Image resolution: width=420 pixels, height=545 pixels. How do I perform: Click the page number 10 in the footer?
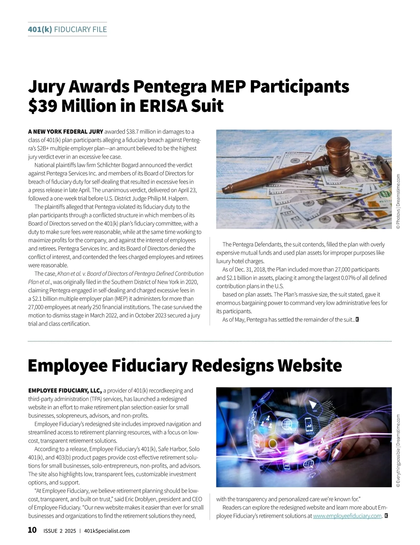click(32, 530)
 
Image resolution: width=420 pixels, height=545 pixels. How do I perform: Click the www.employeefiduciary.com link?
click(347, 516)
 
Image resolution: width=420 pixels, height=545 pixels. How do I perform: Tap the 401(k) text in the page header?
click(40, 29)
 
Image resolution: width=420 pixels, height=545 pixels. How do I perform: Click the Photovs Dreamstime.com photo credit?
click(398, 202)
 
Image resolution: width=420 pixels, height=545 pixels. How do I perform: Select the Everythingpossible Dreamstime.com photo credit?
click(398, 451)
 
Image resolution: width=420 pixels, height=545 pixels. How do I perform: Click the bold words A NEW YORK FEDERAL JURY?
click(65, 132)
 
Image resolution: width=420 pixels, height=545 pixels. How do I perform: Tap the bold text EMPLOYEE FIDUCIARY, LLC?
click(65, 390)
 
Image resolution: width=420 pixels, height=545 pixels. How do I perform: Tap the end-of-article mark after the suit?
click(357, 319)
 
